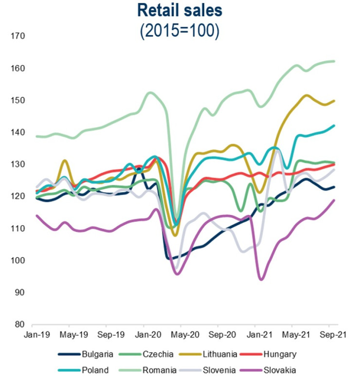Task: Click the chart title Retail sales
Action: pyautogui.click(x=180, y=10)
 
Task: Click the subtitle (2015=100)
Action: pyautogui.click(x=180, y=30)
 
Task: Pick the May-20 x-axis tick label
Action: pyautogui.click(x=180, y=335)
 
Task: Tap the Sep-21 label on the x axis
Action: pyautogui.click(x=329, y=335)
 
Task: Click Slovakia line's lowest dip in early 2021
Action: pyautogui.click(x=261, y=279)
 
